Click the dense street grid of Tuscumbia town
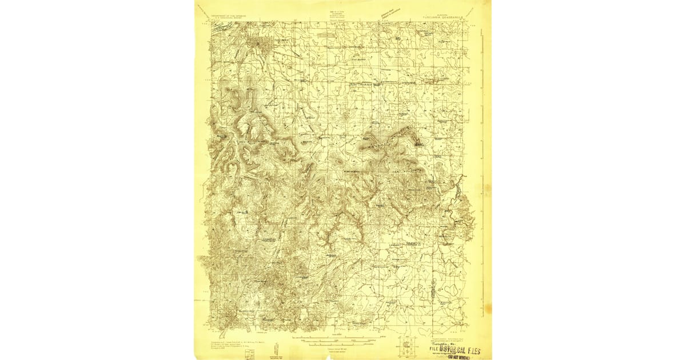pyautogui.click(x=261, y=44)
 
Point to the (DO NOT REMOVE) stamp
pyautogui.click(x=457, y=356)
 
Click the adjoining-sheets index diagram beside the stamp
pyautogui.click(x=408, y=345)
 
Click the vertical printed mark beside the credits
pyautogui.click(x=276, y=348)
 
